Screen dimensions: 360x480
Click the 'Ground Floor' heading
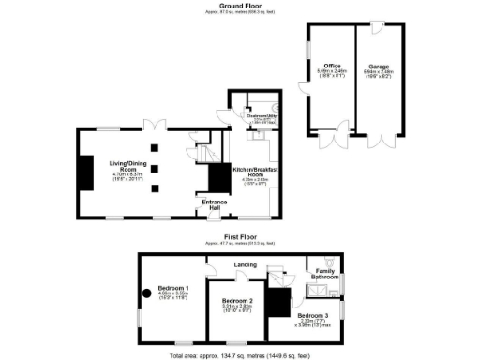pyautogui.click(x=240, y=5)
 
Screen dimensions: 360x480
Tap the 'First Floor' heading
pyautogui.click(x=240, y=237)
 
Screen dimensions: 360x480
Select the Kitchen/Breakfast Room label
pyautogui.click(x=250, y=170)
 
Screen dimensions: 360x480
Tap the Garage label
pyautogui.click(x=379, y=66)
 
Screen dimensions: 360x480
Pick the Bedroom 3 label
pyautogui.click(x=312, y=316)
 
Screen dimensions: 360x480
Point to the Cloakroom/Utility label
pyautogui.click(x=260, y=116)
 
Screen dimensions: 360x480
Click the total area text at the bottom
pyautogui.click(x=240, y=356)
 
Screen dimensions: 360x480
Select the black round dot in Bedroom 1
pyautogui.click(x=147, y=292)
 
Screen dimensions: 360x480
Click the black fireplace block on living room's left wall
pyautogui.click(x=84, y=172)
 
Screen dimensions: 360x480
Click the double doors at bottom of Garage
pyautogui.click(x=379, y=142)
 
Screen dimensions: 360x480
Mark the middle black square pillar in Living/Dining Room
pyautogui.click(x=154, y=169)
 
